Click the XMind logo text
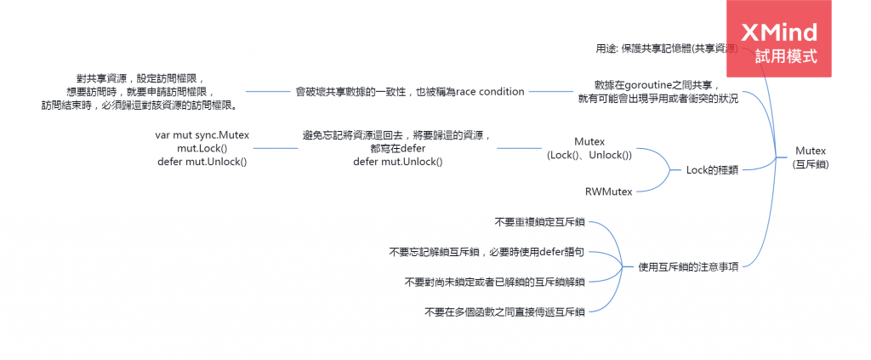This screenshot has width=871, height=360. [x=779, y=32]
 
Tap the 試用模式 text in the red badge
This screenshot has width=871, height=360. [x=785, y=57]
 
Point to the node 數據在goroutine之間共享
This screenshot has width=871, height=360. [x=658, y=92]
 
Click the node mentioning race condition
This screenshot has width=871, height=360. [x=410, y=91]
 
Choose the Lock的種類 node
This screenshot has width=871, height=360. [x=711, y=169]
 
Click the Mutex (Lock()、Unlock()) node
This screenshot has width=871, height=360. [x=589, y=148]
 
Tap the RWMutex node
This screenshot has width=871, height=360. [x=608, y=191]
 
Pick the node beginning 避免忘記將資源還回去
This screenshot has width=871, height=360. [x=397, y=148]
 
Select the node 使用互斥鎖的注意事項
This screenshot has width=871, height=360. [x=687, y=266]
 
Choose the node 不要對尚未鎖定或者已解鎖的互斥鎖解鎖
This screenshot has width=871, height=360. [x=494, y=282]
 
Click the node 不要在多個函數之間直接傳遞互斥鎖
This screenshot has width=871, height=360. [x=504, y=311]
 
